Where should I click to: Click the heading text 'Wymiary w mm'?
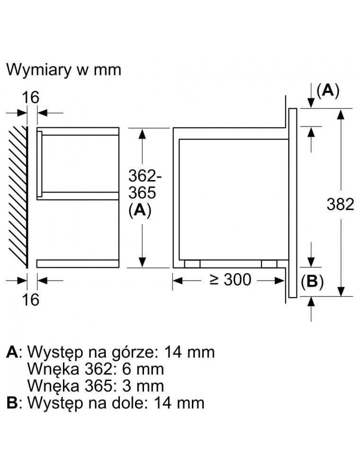(64, 70)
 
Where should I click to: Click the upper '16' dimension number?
(31, 98)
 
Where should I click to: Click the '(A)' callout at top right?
(328, 91)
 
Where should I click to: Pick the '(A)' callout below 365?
(139, 211)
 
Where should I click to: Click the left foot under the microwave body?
(192, 264)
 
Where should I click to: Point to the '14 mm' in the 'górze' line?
(189, 352)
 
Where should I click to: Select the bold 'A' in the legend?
(13, 352)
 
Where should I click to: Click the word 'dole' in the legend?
(132, 403)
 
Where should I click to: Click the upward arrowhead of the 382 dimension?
(340, 114)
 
